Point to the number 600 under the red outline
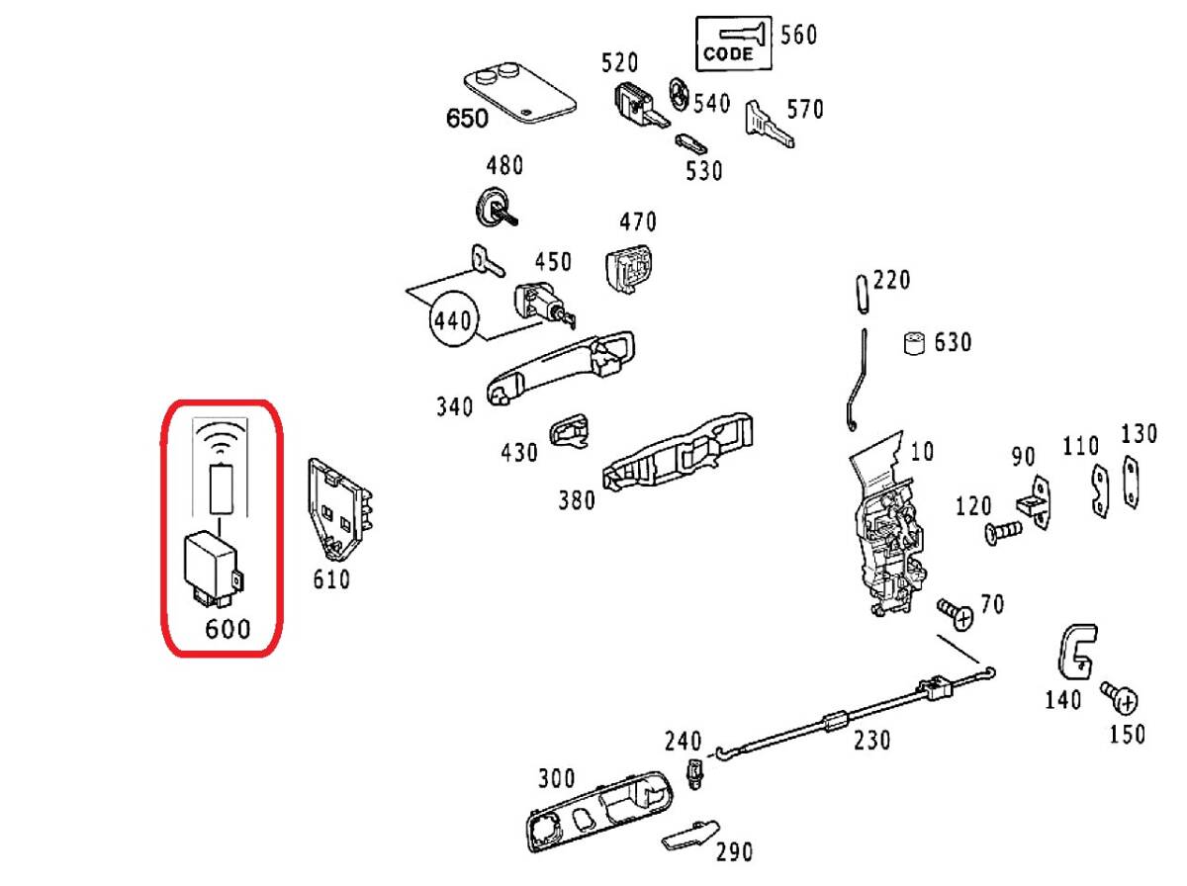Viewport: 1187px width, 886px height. (x=228, y=628)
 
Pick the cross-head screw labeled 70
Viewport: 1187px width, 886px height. (x=956, y=614)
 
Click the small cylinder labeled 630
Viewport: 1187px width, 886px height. (x=914, y=343)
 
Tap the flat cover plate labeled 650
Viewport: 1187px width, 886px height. (x=519, y=94)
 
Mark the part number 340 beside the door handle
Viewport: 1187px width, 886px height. (x=454, y=405)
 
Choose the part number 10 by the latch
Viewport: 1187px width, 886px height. (x=921, y=452)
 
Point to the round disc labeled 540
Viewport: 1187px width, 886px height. (x=680, y=94)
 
